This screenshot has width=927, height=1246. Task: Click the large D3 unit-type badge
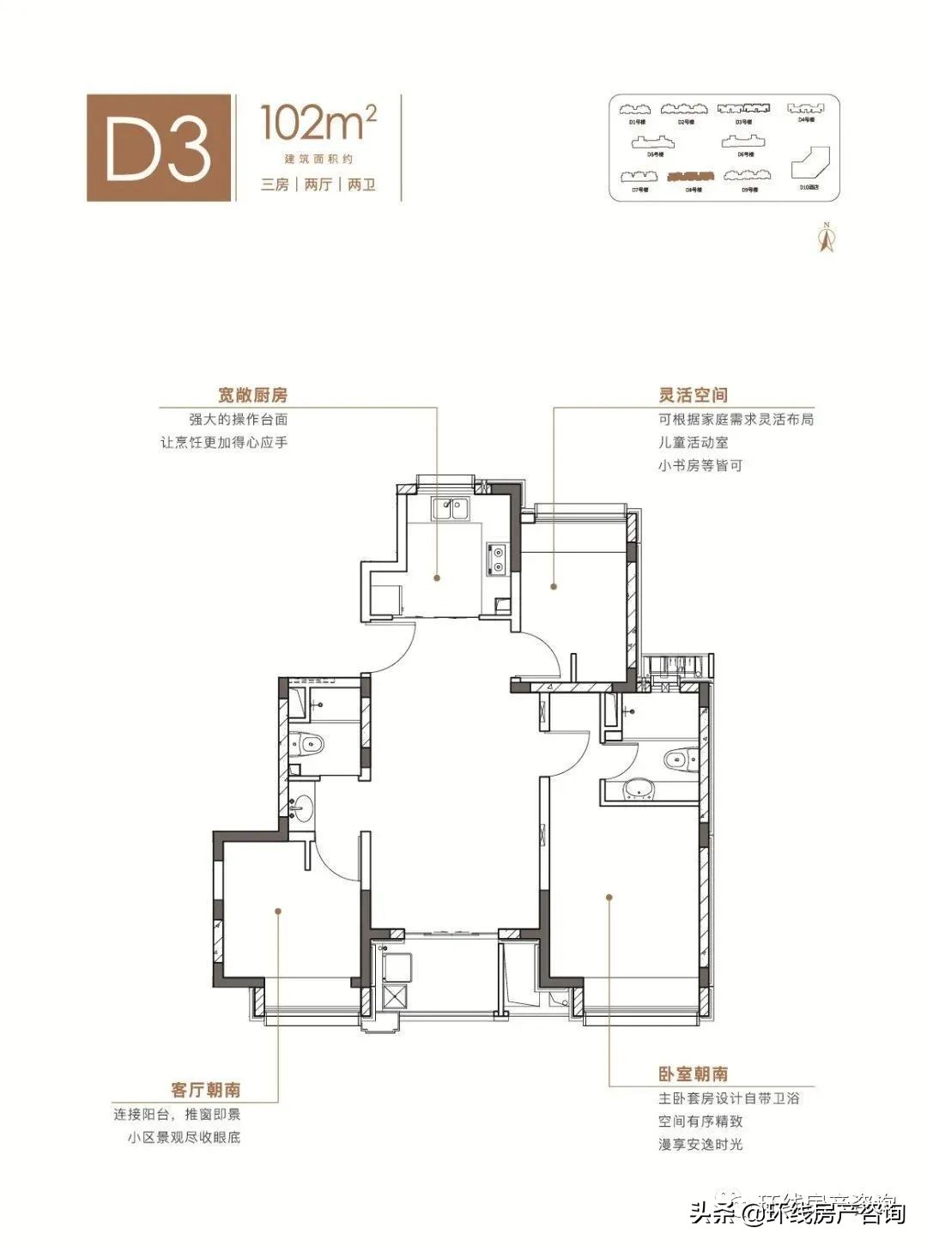click(x=160, y=148)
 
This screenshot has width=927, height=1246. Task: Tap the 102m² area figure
click(x=318, y=123)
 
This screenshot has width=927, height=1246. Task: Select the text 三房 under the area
click(x=276, y=184)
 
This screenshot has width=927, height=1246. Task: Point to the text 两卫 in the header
click(x=362, y=184)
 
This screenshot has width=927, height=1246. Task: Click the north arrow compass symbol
click(x=827, y=238)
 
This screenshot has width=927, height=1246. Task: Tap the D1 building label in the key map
click(x=638, y=122)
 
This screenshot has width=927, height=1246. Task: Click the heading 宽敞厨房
click(x=252, y=395)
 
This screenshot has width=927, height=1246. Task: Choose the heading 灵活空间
click(x=693, y=395)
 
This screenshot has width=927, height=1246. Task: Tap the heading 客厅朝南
click(x=206, y=1090)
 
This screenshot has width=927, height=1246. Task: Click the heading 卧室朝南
click(x=693, y=1074)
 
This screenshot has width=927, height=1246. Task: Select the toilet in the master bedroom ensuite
click(x=680, y=759)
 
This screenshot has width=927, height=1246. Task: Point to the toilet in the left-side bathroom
click(x=306, y=743)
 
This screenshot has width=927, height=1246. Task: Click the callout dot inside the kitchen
click(x=437, y=578)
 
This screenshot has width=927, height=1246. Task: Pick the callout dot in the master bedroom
click(x=609, y=898)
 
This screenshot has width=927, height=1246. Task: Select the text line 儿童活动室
click(x=693, y=443)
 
